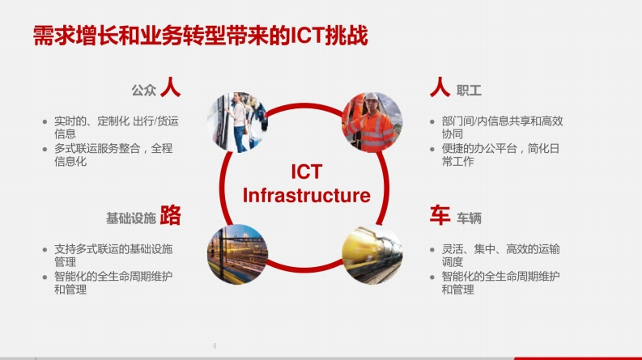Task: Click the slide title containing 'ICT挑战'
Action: tap(200, 36)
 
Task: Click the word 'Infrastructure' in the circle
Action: tap(306, 195)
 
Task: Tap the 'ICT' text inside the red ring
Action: tap(307, 172)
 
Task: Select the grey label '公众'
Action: tap(144, 91)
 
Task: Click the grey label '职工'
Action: tap(469, 91)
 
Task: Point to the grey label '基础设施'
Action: tap(131, 218)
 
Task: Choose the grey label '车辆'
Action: tap(469, 218)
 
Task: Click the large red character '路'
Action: tap(170, 214)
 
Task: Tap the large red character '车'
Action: tap(440, 214)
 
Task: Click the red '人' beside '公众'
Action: tap(170, 87)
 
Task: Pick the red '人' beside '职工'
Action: tap(440, 87)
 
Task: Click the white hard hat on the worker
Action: tap(371, 96)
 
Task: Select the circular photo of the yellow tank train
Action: tap(372, 254)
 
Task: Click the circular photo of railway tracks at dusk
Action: tap(237, 254)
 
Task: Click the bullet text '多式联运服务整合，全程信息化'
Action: tap(113, 155)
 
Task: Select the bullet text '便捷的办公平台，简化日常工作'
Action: tap(500, 155)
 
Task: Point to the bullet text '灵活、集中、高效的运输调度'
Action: tap(500, 256)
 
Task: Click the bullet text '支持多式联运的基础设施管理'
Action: tap(113, 256)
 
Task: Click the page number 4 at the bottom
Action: tap(215, 345)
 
